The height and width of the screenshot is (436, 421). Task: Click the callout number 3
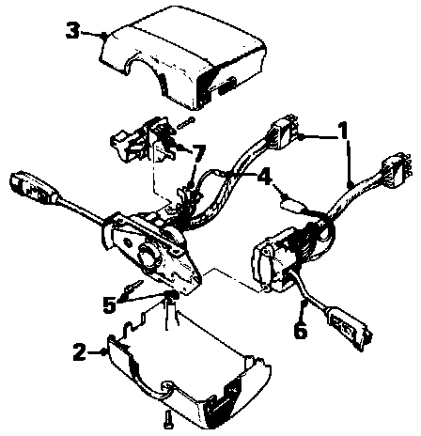72,31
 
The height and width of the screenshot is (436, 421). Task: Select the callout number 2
79,352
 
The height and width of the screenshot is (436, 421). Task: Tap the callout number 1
343,131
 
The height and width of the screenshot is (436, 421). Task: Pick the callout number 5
109,304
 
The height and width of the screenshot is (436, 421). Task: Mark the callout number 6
300,330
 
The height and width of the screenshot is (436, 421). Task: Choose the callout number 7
199,153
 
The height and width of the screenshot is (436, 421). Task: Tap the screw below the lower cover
168,420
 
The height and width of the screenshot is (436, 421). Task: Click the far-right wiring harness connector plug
392,171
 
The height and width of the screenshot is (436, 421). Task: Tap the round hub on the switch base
148,255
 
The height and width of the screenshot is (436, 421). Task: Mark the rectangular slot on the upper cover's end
226,86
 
